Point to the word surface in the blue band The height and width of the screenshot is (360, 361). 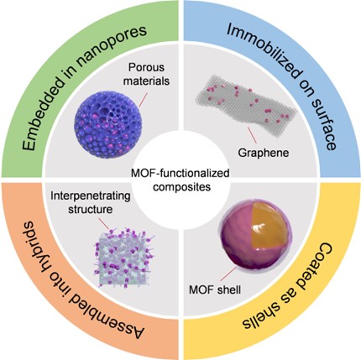coord(324,123)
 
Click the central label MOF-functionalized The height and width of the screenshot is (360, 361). coord(180,174)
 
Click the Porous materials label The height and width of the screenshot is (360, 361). coord(147,74)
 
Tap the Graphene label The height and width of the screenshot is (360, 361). coord(263,153)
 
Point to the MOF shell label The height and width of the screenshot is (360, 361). coord(215,290)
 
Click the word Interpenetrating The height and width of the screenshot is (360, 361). coord(91,196)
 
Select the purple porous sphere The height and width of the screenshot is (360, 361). coord(108,125)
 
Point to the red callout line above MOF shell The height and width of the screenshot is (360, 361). coord(228,274)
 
